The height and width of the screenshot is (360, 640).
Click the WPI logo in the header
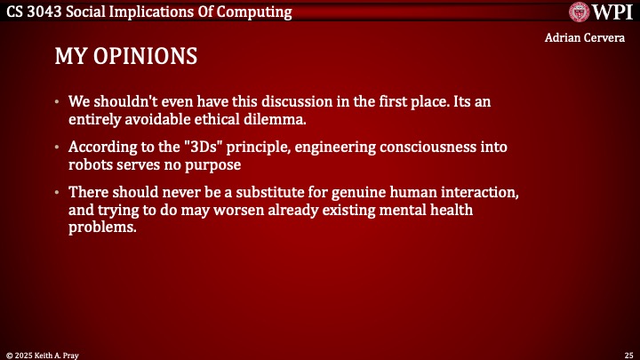[x=599, y=12]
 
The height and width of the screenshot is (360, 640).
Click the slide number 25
[x=628, y=354]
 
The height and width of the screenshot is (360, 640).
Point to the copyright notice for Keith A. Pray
[x=42, y=354]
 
